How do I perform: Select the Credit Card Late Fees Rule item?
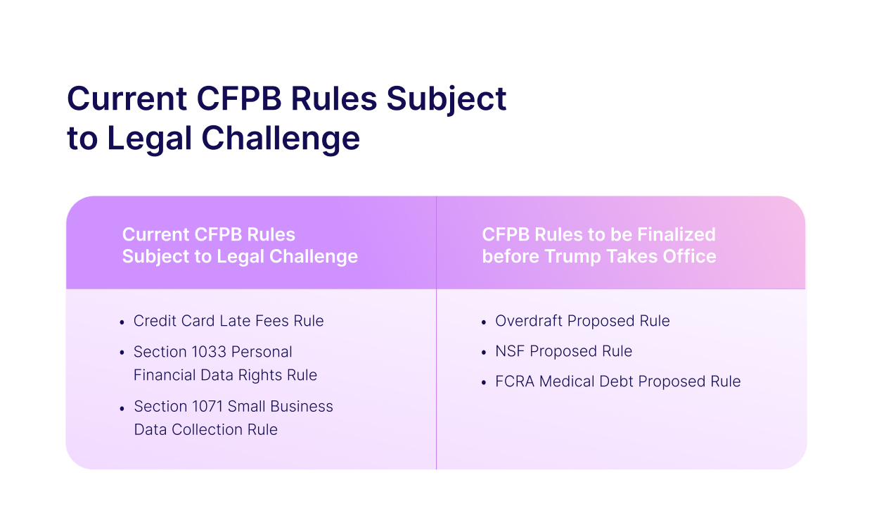[229, 321]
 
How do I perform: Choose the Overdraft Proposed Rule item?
[582, 321]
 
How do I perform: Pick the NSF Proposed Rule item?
[563, 351]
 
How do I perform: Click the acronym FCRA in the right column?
[515, 381]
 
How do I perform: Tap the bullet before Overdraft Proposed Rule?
[484, 322]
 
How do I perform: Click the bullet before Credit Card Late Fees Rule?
[122, 322]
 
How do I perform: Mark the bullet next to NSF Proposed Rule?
[484, 353]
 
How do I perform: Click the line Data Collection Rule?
[205, 429]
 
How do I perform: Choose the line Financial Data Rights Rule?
[225, 375]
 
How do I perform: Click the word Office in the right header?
[691, 256]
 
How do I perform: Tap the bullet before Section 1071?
[122, 407]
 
